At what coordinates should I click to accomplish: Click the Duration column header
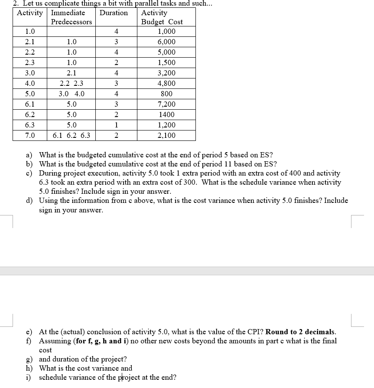pos(114,13)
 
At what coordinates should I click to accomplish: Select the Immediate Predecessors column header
pos(72,17)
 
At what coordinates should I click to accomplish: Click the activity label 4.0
pos(30,84)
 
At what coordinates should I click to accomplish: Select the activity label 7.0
pos(30,136)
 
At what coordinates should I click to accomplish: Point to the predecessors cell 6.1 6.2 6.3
pos(72,136)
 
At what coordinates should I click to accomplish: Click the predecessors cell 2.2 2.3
pos(72,84)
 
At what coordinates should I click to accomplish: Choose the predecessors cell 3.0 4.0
pos(72,94)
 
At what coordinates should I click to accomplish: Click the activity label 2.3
pos(30,63)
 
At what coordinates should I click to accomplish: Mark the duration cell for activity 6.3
pos(116,125)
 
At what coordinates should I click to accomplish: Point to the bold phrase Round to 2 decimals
pos(300,332)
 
